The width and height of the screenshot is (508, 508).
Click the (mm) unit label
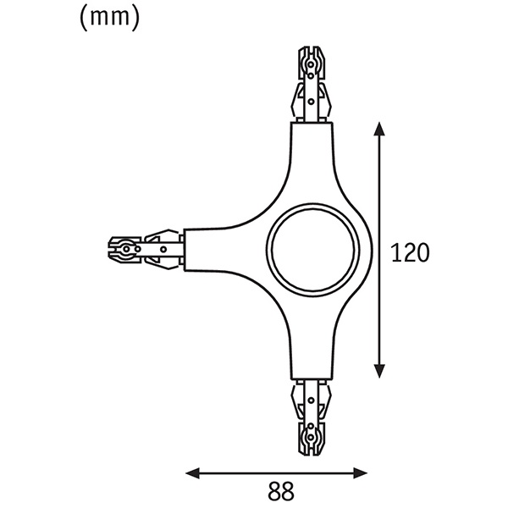coord(109,18)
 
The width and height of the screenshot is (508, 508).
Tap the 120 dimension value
coord(410,253)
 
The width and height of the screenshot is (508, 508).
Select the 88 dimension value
coord(281,491)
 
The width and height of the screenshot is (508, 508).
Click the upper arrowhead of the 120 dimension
coord(379,129)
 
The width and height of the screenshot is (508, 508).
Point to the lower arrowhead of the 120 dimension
coord(379,371)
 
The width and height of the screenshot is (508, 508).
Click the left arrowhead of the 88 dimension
coord(192,473)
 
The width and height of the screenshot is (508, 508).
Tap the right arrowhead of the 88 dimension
coord(361,473)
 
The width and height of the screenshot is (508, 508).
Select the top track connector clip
coord(311,85)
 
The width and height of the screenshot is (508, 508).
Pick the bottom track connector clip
coord(311,417)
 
